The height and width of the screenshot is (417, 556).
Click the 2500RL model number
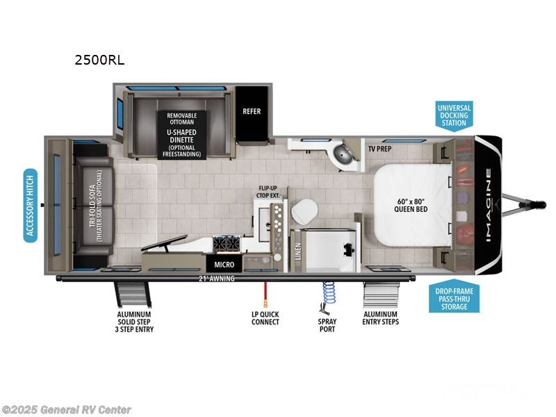tap(99, 60)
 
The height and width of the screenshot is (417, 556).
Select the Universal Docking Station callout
tap(454, 115)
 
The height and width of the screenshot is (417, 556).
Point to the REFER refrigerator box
tap(251, 111)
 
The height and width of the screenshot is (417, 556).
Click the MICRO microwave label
tap(223, 265)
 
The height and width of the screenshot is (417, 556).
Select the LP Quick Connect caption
tap(265, 318)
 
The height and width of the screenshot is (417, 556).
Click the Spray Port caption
tap(327, 325)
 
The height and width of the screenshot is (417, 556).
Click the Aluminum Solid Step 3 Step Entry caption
tap(135, 322)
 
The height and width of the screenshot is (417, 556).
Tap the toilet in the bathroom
tap(303, 211)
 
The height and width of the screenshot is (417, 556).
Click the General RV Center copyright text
tap(66, 410)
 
